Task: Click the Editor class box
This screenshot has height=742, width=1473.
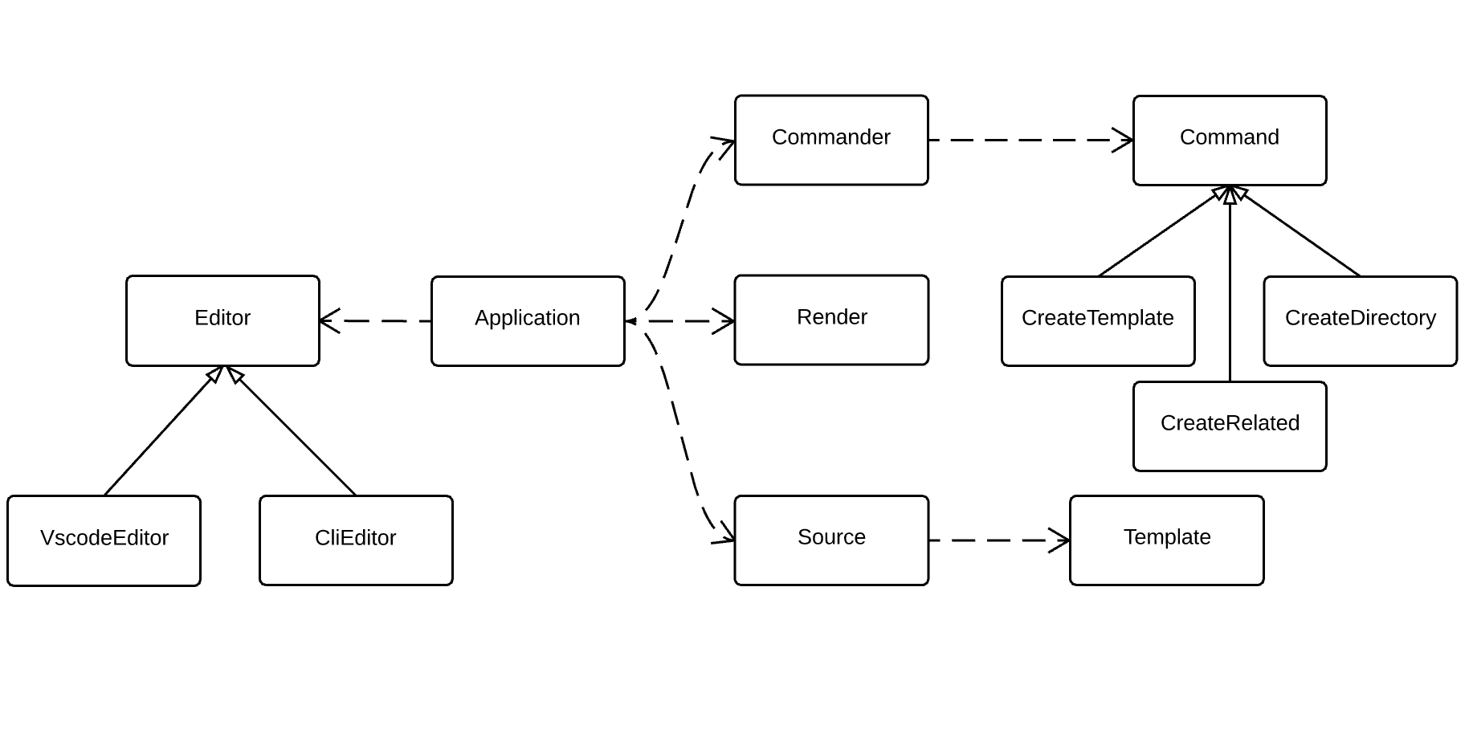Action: (x=222, y=320)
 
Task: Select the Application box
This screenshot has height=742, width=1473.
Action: (x=528, y=320)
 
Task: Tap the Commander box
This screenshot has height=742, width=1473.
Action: (x=831, y=140)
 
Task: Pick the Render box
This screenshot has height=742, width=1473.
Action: (x=831, y=320)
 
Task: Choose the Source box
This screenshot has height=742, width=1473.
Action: (x=831, y=540)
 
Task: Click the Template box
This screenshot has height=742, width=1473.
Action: (x=1166, y=540)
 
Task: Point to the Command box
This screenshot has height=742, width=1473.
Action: (x=1230, y=140)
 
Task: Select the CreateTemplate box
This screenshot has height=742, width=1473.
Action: (x=1098, y=320)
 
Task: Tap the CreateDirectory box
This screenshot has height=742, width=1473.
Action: (x=1360, y=320)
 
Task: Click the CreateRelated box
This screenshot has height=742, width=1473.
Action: (x=1230, y=426)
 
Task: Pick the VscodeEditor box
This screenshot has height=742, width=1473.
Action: (x=104, y=540)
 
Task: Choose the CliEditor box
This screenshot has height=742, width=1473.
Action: (x=356, y=540)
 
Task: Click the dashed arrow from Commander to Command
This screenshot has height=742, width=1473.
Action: (x=1028, y=140)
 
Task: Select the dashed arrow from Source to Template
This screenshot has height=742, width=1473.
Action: (x=996, y=540)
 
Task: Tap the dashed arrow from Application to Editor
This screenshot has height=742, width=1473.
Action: (x=377, y=320)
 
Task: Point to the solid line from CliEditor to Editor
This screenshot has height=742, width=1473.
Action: (x=293, y=432)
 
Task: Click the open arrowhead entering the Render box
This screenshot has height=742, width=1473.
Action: (x=724, y=321)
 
